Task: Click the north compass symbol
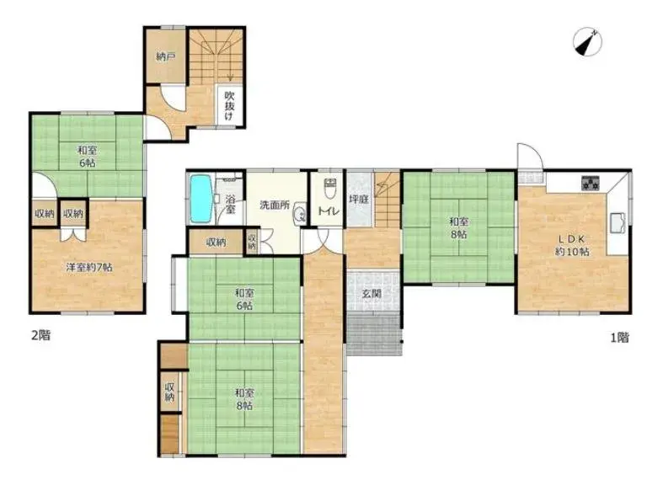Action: pos(588,42)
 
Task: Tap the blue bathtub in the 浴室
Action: pos(201,199)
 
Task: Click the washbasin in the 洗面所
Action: pos(299,214)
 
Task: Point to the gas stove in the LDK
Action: pos(591,183)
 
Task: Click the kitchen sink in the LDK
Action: pos(618,223)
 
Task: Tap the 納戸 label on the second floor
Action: pos(166,56)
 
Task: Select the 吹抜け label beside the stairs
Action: pos(229,105)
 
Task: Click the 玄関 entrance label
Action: pos(372,293)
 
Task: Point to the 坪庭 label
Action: pos(359,199)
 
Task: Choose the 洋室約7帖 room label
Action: pos(88,267)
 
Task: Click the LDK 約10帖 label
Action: pos(572,245)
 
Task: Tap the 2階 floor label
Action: pos(41,335)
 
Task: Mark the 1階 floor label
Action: pos(619,337)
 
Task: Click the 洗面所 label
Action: pos(275,205)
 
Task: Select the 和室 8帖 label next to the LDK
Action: pos(458,227)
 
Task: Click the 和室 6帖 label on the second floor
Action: pos(87,157)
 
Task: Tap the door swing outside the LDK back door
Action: pos(529,156)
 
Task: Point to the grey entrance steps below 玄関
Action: pos(374,334)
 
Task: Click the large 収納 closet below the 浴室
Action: pos(216,243)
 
